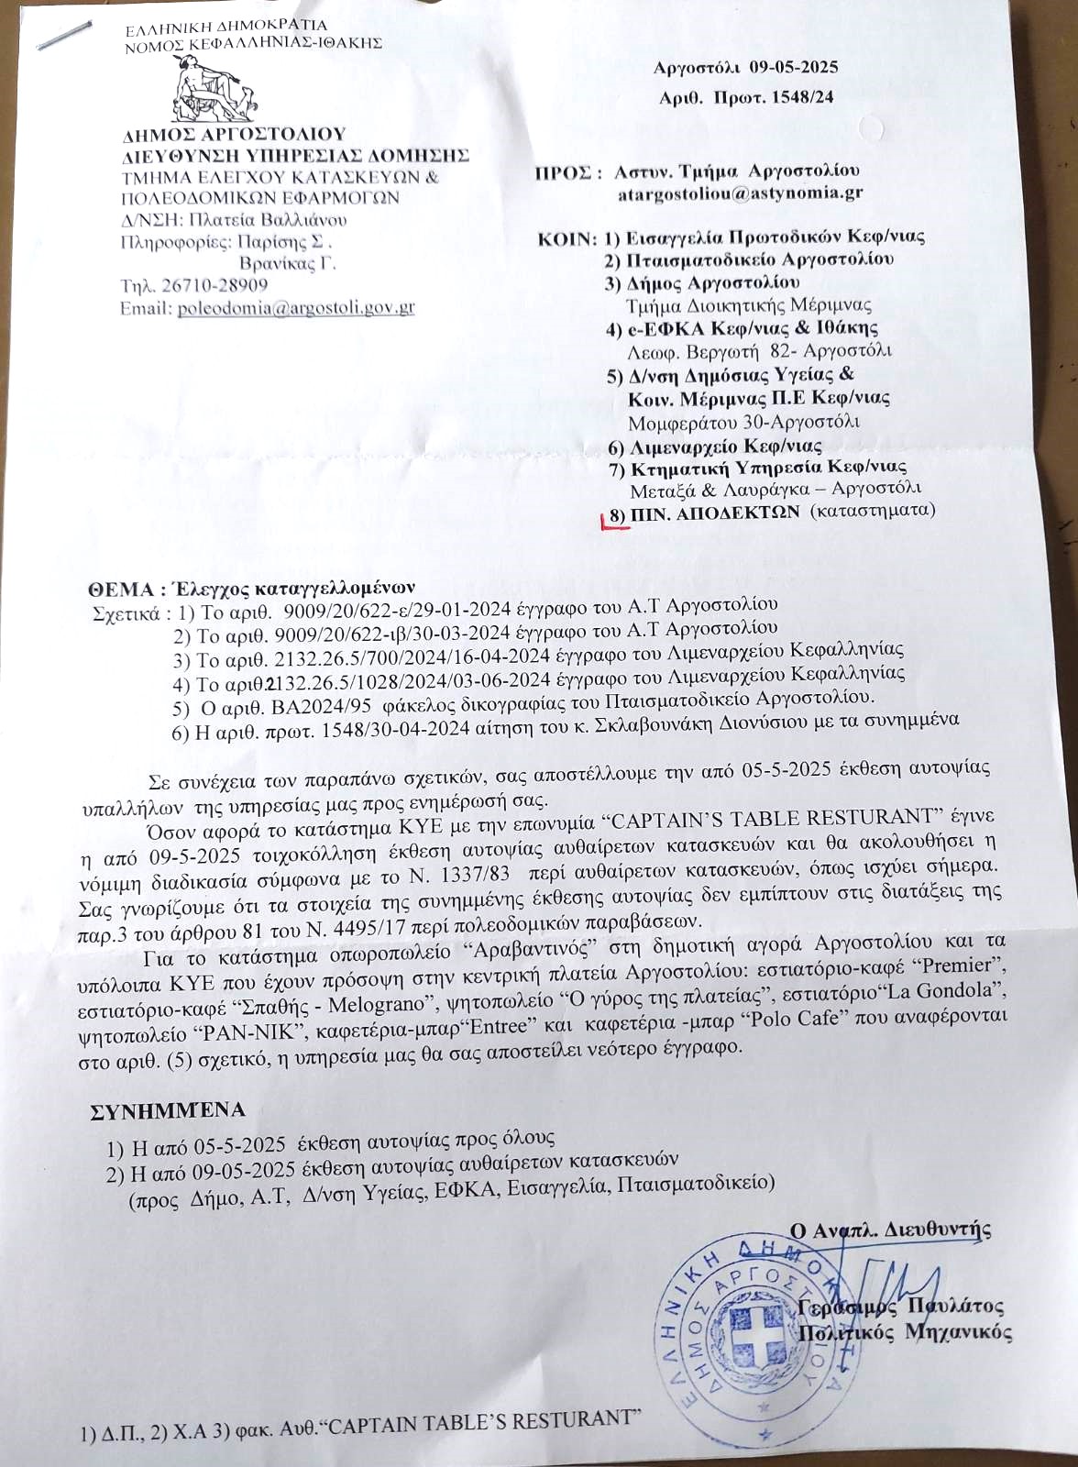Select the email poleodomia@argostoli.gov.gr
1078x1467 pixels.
tap(296, 308)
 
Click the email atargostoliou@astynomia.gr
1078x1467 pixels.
tap(740, 193)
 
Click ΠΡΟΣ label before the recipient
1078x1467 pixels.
tap(563, 171)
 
